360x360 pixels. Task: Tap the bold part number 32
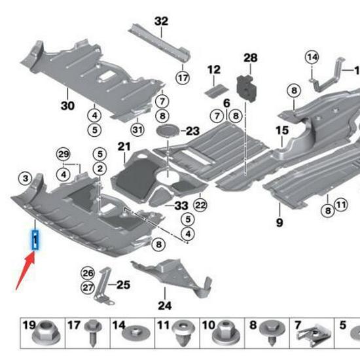(x=161, y=21)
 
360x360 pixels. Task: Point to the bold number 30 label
(x=68, y=105)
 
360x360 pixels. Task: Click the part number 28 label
(x=250, y=59)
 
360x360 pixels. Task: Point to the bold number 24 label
(x=164, y=305)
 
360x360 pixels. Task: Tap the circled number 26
(x=88, y=272)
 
